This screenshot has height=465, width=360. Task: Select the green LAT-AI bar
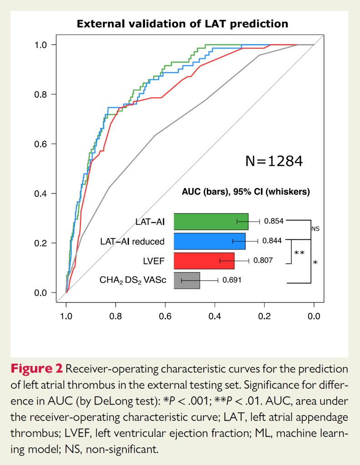pos(211,222)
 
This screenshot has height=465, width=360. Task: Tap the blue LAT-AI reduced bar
pos(210,241)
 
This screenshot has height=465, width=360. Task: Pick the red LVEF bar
pos(204,261)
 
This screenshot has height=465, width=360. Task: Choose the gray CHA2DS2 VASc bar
pos(187,280)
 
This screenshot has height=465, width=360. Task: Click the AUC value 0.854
pos(274,221)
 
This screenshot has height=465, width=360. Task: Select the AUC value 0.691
pos(231,280)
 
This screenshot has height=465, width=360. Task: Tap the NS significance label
pos(315,229)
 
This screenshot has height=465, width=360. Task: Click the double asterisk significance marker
pos(300,253)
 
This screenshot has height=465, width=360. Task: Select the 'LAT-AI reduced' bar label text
pos(132,241)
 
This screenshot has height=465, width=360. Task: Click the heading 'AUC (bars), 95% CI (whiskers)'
pos(246,192)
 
